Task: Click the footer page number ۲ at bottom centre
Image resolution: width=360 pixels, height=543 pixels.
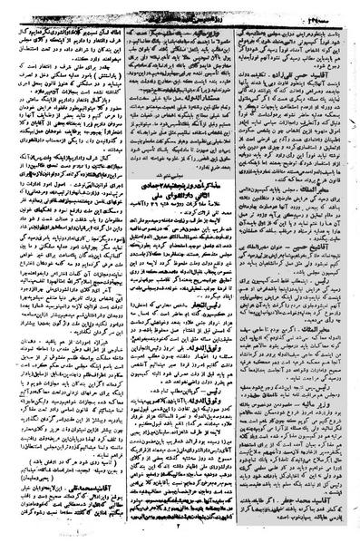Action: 181,535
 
